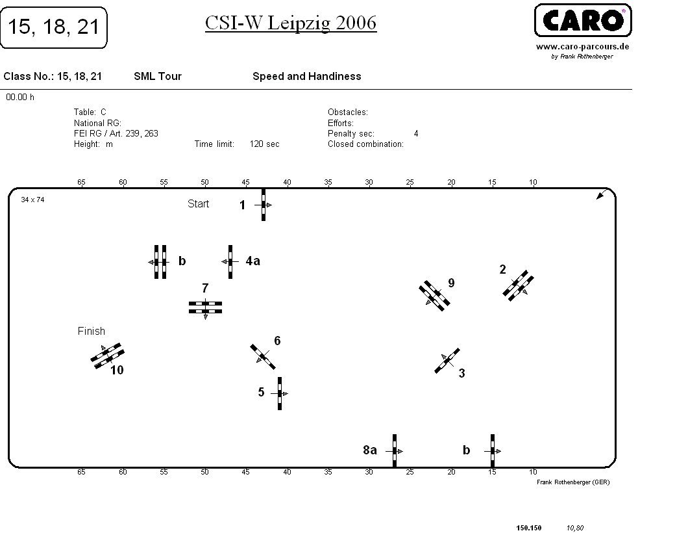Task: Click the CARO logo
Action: pyautogui.click(x=583, y=20)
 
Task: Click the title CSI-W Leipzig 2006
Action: pyautogui.click(x=291, y=23)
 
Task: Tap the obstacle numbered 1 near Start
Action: pyautogui.click(x=264, y=205)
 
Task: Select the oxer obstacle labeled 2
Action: pyautogui.click(x=518, y=285)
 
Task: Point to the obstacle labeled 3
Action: pyautogui.click(x=447, y=361)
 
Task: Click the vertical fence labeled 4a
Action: pyautogui.click(x=230, y=262)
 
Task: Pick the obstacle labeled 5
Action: pyautogui.click(x=280, y=394)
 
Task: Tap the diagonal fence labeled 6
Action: pyautogui.click(x=263, y=357)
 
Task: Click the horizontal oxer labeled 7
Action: pyautogui.click(x=205, y=307)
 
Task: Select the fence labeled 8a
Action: pyautogui.click(x=395, y=451)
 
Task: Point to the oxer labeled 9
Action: pyautogui.click(x=434, y=296)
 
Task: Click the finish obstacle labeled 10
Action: pyautogui.click(x=108, y=356)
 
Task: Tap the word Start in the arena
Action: pyautogui.click(x=199, y=204)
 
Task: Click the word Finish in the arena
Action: pyautogui.click(x=92, y=331)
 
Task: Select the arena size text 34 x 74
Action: pyautogui.click(x=32, y=200)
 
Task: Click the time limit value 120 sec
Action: pyautogui.click(x=265, y=144)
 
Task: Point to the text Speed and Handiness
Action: pyautogui.click(x=307, y=77)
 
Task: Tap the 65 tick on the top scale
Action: pyautogui.click(x=81, y=183)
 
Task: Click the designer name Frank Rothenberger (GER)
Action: pyautogui.click(x=573, y=482)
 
